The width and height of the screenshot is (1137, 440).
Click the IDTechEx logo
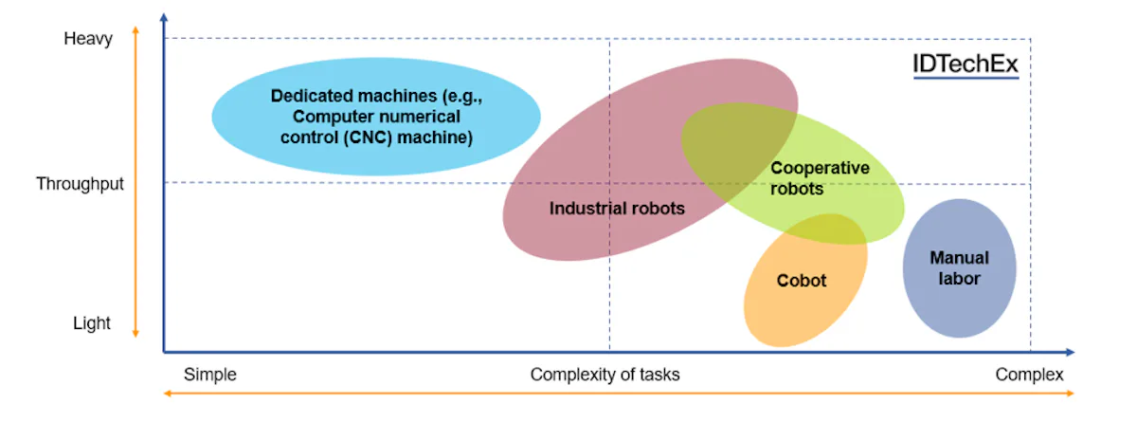965,64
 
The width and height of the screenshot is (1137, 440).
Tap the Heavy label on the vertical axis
88,39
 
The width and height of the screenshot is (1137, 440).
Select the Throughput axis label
81,184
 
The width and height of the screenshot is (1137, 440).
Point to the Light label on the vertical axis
92,323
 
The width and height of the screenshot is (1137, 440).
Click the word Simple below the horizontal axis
209,375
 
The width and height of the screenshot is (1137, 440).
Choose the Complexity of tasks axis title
605,375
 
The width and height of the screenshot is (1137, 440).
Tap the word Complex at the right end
1029,375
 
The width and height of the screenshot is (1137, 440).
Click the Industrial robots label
617,209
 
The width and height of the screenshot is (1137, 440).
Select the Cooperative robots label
805,178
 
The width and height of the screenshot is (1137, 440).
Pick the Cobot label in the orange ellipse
802,281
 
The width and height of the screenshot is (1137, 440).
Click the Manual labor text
959,268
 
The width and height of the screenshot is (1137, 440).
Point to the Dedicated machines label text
376,117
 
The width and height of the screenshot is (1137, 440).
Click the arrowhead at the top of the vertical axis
164,17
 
